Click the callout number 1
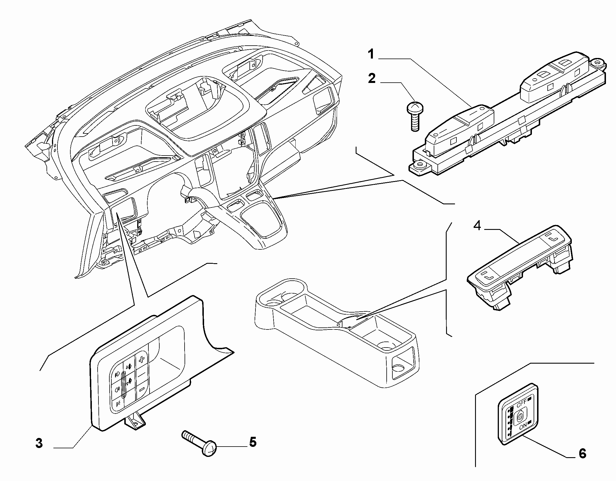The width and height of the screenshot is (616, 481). (x=371, y=54)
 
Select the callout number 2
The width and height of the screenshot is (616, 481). (x=372, y=78)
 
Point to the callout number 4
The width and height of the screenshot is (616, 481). (x=477, y=226)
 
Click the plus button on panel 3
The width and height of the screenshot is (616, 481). (x=142, y=361)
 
